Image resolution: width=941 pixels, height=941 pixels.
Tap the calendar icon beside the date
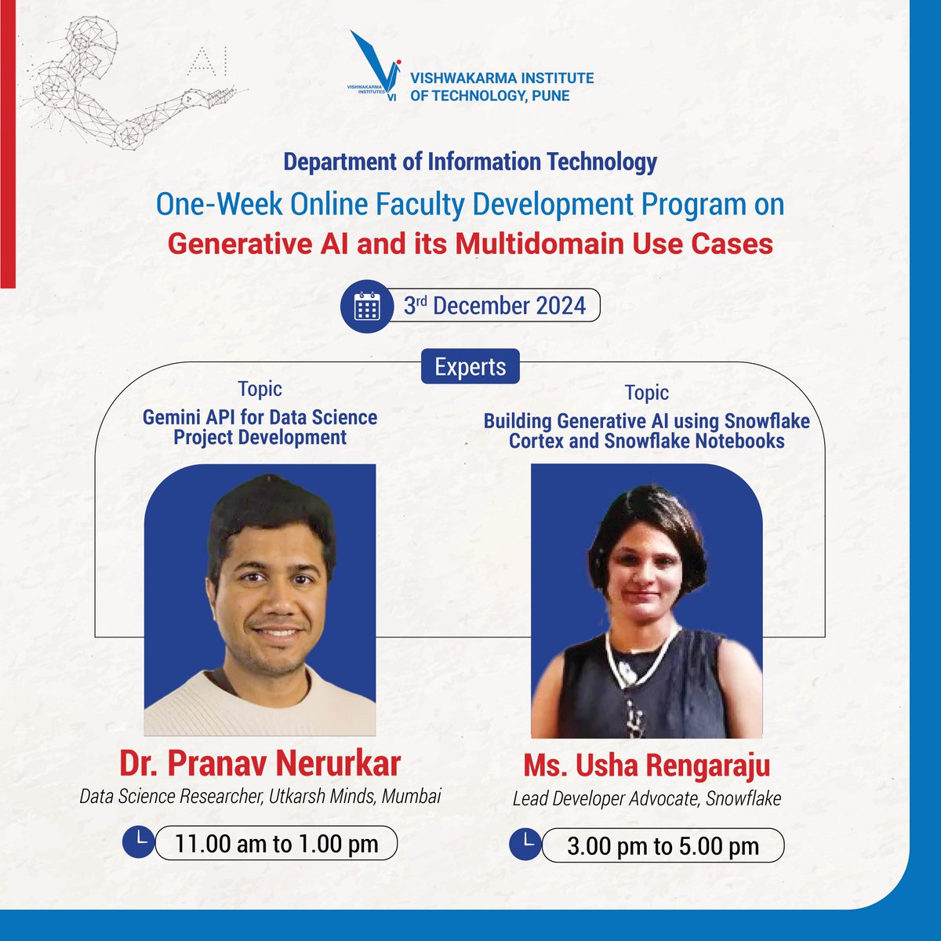coord(366,306)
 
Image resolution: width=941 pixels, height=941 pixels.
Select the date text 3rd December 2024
coord(495,305)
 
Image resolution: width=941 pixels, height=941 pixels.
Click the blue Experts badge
coord(470,366)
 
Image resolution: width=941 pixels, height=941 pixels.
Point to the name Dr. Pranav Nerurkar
coord(260,763)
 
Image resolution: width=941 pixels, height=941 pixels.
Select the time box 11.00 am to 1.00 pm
coord(277,844)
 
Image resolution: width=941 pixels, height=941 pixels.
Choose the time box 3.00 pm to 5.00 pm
coord(663,846)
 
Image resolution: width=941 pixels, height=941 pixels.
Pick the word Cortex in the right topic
coord(536,441)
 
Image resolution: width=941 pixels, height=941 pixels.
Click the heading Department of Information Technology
coord(470,162)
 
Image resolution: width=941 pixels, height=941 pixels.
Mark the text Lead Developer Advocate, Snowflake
coord(647,799)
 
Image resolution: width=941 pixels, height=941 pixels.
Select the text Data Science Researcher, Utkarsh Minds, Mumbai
coord(260,797)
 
